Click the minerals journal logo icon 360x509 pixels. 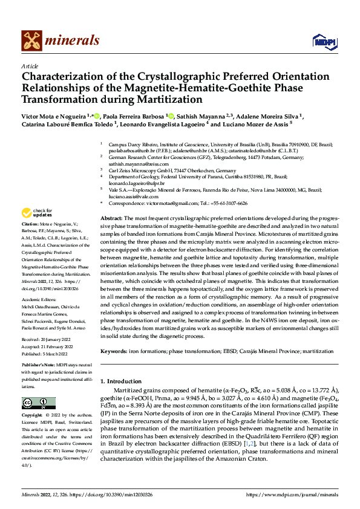[31, 41]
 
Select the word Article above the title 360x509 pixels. [30, 66]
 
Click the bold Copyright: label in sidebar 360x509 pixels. [33, 417]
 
